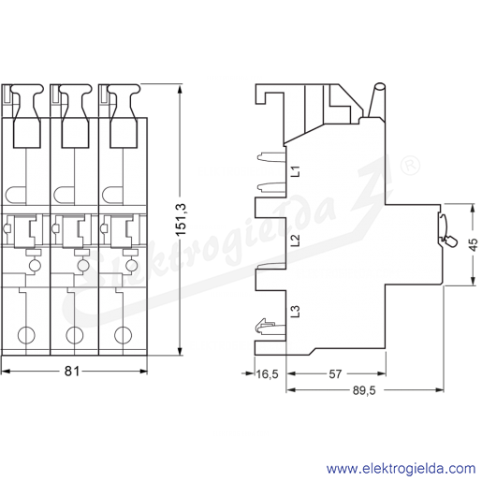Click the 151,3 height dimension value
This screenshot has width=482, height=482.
[182, 219]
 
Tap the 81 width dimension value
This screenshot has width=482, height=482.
[72, 372]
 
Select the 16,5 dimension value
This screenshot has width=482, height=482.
[267, 373]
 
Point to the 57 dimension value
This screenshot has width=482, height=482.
[335, 373]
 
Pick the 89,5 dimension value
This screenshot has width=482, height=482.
[364, 390]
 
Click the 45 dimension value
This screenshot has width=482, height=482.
[473, 244]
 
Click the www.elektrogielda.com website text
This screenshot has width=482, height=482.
[401, 469]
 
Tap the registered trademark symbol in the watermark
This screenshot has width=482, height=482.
[411, 166]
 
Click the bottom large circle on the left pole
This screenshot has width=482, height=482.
[26, 335]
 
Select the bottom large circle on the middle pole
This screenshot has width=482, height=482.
[75, 335]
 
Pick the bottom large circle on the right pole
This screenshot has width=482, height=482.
[123, 335]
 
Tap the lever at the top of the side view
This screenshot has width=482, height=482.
[376, 100]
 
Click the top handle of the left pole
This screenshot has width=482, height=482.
[27, 116]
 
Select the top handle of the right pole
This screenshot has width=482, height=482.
[124, 116]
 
